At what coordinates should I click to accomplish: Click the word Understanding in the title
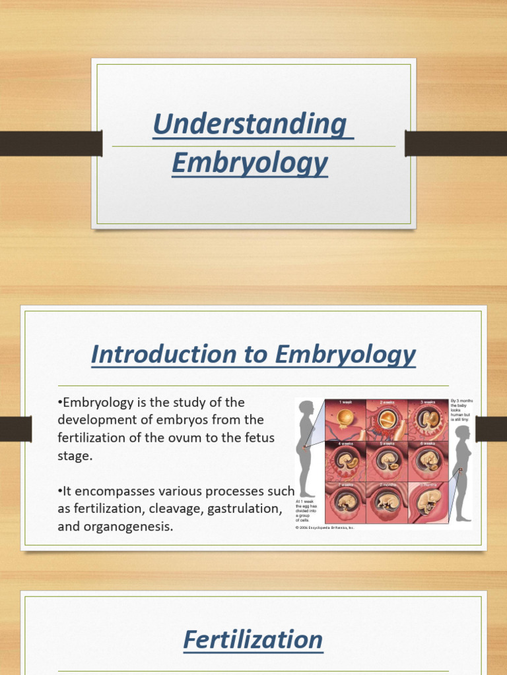[250, 125]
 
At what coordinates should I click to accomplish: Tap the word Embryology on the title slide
[250, 163]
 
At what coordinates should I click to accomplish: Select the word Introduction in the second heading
[151, 355]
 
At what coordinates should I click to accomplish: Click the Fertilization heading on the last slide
[253, 639]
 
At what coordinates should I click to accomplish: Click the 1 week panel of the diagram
[345, 419]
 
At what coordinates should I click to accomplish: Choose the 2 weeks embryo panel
[386, 419]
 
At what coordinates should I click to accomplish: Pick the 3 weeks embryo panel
[427, 419]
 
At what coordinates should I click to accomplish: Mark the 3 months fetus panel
[427, 502]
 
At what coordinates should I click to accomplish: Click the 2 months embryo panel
[386, 502]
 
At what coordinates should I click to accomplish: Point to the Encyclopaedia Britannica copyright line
[325, 528]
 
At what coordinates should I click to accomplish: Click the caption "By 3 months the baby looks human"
[461, 409]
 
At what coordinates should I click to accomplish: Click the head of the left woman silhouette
[306, 408]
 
